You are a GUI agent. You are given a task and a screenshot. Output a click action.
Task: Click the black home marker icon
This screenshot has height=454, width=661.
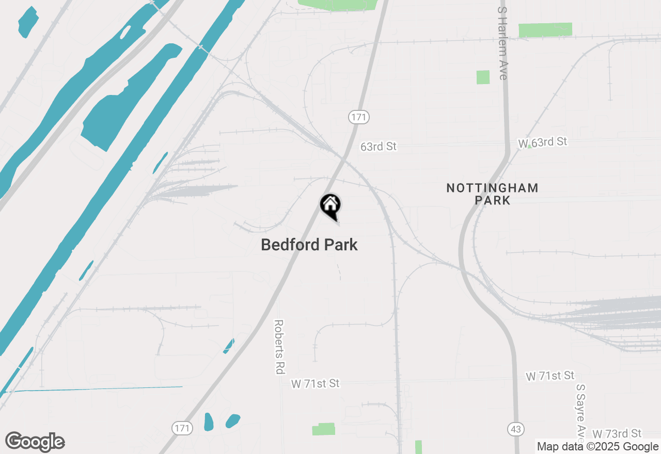pos(330,205)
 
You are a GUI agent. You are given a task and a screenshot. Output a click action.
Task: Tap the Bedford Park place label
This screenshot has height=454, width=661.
pos(309,245)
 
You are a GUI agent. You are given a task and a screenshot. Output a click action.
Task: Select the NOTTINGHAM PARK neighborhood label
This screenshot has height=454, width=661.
pos(492,194)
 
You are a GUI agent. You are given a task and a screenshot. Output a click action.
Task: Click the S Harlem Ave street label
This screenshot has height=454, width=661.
pos(503,43)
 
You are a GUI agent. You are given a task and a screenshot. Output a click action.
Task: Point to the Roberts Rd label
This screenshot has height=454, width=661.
pos(279,347)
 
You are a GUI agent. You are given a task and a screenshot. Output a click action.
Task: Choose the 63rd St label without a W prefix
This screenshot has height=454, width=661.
pos(379,147)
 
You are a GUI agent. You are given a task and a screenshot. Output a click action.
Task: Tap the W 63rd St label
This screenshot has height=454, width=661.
pos(543,142)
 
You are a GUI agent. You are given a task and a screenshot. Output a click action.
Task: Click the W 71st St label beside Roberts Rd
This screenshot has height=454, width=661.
pos(316,383)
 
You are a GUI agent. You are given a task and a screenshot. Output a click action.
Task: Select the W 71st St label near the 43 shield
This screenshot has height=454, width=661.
pos(550,376)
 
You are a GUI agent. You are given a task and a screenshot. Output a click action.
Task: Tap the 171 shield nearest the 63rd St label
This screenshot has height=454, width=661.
pos(358,117)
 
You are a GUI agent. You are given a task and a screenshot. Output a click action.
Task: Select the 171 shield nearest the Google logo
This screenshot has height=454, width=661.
pos(182,428)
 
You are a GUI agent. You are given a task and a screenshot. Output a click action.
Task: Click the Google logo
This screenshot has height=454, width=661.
pos(35,442)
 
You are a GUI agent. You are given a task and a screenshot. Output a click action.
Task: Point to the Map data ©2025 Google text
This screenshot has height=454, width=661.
pos(597,447)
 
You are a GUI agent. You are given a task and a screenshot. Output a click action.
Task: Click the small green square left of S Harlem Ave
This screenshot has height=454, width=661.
pos(483,77)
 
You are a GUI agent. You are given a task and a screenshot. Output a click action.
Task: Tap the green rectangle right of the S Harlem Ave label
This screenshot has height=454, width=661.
pos(545,30)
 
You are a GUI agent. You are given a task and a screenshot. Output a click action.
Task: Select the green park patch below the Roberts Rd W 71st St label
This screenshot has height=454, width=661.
pos(324,429)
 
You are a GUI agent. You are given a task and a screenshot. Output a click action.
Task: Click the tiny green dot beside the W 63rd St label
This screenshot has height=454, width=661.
pos(529,147)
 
